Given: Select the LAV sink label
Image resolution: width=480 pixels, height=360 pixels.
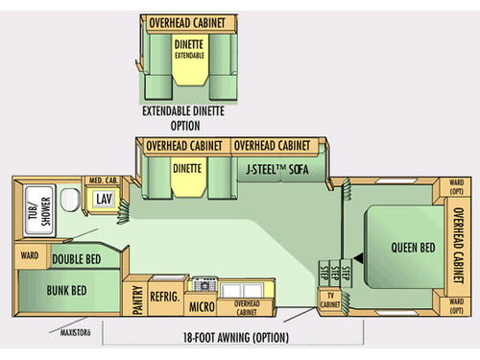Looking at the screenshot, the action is [x=104, y=198].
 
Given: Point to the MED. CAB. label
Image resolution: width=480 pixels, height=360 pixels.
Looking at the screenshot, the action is [x=103, y=180].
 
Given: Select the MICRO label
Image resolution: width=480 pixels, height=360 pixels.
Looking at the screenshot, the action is [x=201, y=307].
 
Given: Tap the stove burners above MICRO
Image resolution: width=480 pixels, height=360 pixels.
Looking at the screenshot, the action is [x=203, y=285].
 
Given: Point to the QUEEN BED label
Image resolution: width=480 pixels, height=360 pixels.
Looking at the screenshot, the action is [x=414, y=246].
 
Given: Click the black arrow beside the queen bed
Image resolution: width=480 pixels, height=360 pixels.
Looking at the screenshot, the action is [x=357, y=256].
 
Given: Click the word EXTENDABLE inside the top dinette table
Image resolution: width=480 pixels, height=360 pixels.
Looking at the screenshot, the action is [x=189, y=55].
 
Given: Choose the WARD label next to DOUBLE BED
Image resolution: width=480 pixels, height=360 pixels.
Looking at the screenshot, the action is [x=29, y=256].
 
